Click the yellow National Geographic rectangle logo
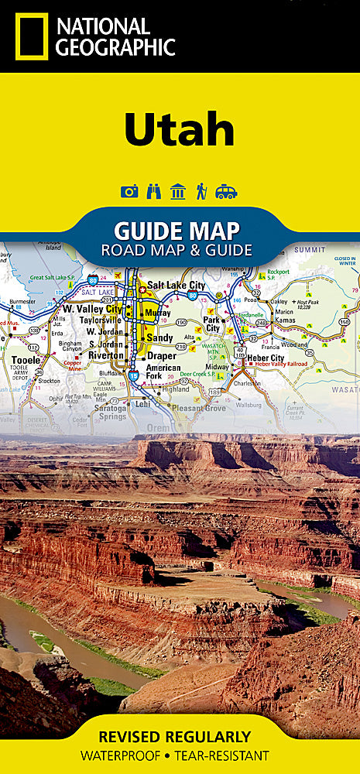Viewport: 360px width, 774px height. tap(30, 36)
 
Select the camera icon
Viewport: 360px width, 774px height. tap(129, 191)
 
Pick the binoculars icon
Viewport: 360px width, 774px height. tap(153, 191)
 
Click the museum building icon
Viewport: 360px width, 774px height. tap(178, 191)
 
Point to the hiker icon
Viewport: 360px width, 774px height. tap(201, 191)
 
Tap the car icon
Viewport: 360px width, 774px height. tap(226, 191)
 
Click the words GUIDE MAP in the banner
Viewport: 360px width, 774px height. tap(177, 231)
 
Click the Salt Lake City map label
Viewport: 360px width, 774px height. tap(177, 285)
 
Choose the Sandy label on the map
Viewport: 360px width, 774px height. tap(160, 338)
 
